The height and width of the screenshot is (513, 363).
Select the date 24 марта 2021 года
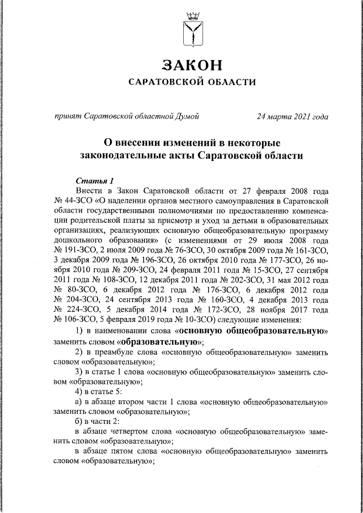point(292,117)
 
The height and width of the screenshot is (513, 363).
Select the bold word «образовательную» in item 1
point(161,342)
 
